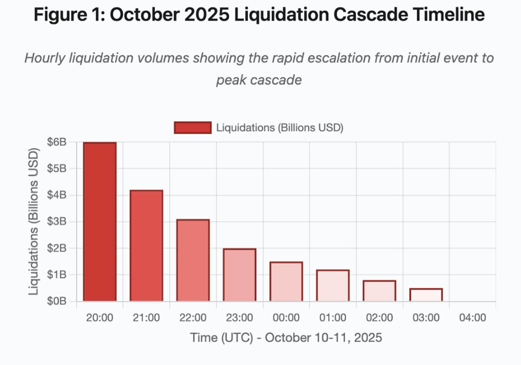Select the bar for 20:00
(x=100, y=222)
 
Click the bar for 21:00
(x=146, y=246)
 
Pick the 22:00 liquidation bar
(x=193, y=260)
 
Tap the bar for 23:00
(x=239, y=275)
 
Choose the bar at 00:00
(x=286, y=281)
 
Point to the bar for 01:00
(x=332, y=285)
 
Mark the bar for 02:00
(x=379, y=291)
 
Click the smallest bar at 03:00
(x=426, y=295)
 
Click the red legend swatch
(x=192, y=128)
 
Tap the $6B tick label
(x=57, y=142)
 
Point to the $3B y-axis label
(x=57, y=222)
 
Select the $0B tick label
(x=57, y=301)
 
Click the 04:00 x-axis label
(x=472, y=318)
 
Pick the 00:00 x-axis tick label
(x=286, y=318)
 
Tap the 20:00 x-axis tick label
(x=100, y=318)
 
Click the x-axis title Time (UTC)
(x=221, y=338)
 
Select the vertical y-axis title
(x=34, y=222)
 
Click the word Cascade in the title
(x=370, y=15)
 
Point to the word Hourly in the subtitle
(x=45, y=58)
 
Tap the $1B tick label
(x=57, y=275)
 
